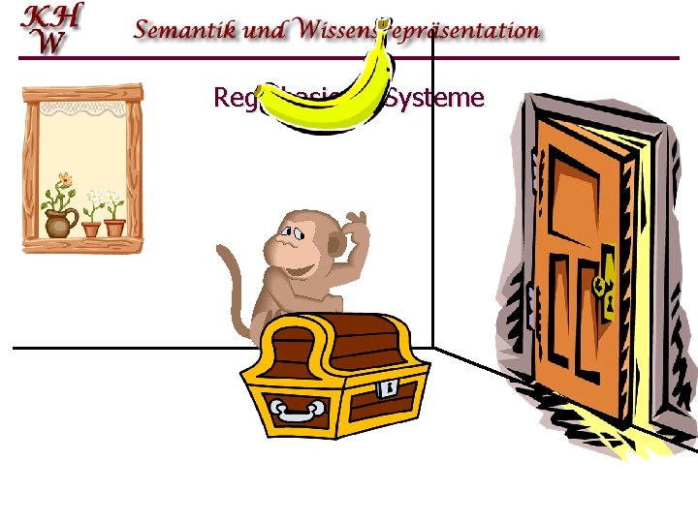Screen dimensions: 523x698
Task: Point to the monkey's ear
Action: [x=334, y=248]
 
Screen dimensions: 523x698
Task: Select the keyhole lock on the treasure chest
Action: [x=388, y=388]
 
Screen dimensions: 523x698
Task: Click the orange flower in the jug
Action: [x=64, y=179]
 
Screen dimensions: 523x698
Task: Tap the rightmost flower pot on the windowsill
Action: [x=114, y=228]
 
